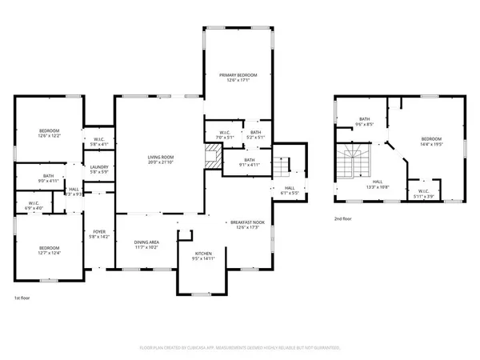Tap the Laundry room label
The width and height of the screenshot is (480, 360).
99,168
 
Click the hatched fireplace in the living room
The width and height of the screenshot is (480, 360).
209,160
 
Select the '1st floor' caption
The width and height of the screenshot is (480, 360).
22,298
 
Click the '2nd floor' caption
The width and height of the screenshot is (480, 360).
345,218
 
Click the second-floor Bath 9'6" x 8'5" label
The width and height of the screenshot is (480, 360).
365,122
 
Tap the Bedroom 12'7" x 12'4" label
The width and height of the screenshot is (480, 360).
49,250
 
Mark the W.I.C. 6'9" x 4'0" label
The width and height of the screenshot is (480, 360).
34,206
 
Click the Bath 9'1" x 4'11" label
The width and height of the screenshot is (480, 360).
250,162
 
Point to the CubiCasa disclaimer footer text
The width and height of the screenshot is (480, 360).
240,348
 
